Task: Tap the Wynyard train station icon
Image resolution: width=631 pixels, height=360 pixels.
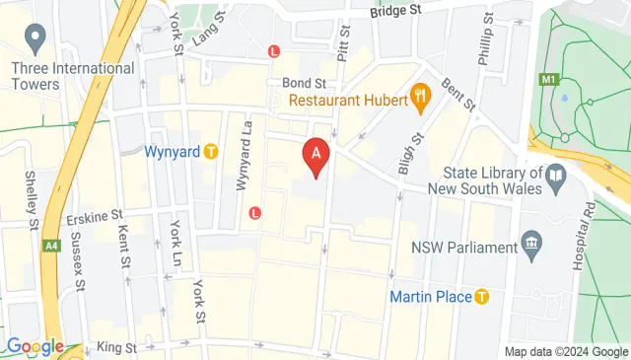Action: [x=210, y=152]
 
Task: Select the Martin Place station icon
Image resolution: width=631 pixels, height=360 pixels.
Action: [x=482, y=296]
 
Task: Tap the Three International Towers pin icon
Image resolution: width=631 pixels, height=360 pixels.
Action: [x=37, y=40]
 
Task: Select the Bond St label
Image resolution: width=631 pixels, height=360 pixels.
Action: [x=304, y=83]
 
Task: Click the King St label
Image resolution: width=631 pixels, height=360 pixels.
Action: [x=117, y=347]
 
